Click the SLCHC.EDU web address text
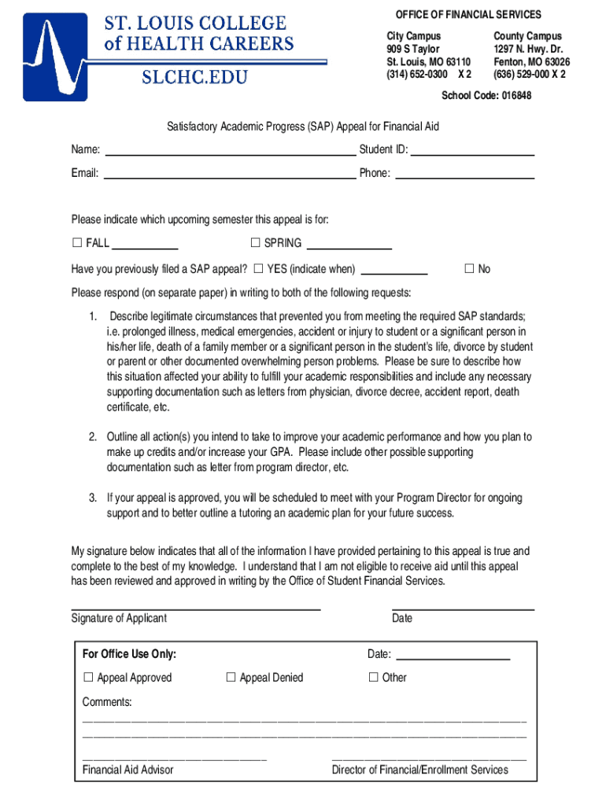(x=194, y=77)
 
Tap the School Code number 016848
(x=514, y=96)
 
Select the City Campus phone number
(x=429, y=75)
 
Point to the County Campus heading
(x=527, y=36)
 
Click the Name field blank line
(x=230, y=154)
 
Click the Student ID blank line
(x=473, y=154)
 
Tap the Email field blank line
(x=230, y=178)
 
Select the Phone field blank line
(x=469, y=178)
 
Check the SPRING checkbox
(x=255, y=243)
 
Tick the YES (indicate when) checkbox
(x=258, y=269)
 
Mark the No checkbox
(x=469, y=269)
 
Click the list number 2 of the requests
(x=92, y=437)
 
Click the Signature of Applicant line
(x=196, y=608)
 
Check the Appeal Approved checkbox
(x=88, y=678)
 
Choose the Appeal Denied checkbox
(x=231, y=678)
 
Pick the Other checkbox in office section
(x=374, y=678)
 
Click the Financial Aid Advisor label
(x=127, y=770)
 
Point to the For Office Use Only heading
(x=129, y=655)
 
